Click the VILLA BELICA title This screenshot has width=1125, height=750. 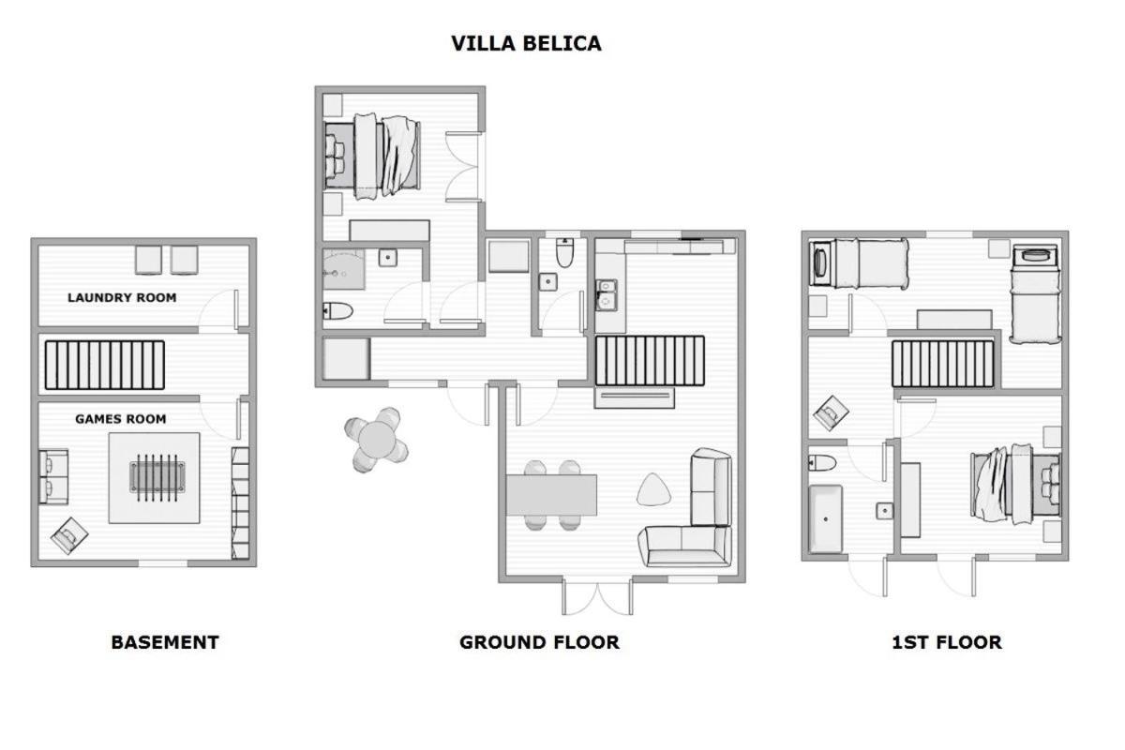click(526, 44)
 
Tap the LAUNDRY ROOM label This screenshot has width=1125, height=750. click(122, 297)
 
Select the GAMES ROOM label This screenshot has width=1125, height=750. click(121, 419)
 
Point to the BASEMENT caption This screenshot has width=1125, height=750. click(165, 642)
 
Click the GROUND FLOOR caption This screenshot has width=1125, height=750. click(539, 642)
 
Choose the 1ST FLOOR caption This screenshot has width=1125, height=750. click(947, 642)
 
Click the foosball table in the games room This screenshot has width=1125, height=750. click(157, 478)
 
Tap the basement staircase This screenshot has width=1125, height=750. click(104, 366)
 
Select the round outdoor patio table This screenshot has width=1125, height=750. click(377, 440)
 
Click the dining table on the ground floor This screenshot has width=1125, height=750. click(551, 495)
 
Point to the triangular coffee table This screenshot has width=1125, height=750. click(653, 489)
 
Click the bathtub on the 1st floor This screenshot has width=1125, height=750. click(825, 519)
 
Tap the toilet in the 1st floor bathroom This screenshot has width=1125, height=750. click(822, 463)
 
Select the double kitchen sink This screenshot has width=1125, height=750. click(606, 295)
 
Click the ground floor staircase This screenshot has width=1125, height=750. click(650, 361)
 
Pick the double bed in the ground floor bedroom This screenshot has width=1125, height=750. click(372, 157)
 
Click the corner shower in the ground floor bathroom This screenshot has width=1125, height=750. click(343, 269)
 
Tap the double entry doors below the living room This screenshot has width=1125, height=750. click(597, 597)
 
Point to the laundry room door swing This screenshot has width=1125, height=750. click(218, 310)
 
